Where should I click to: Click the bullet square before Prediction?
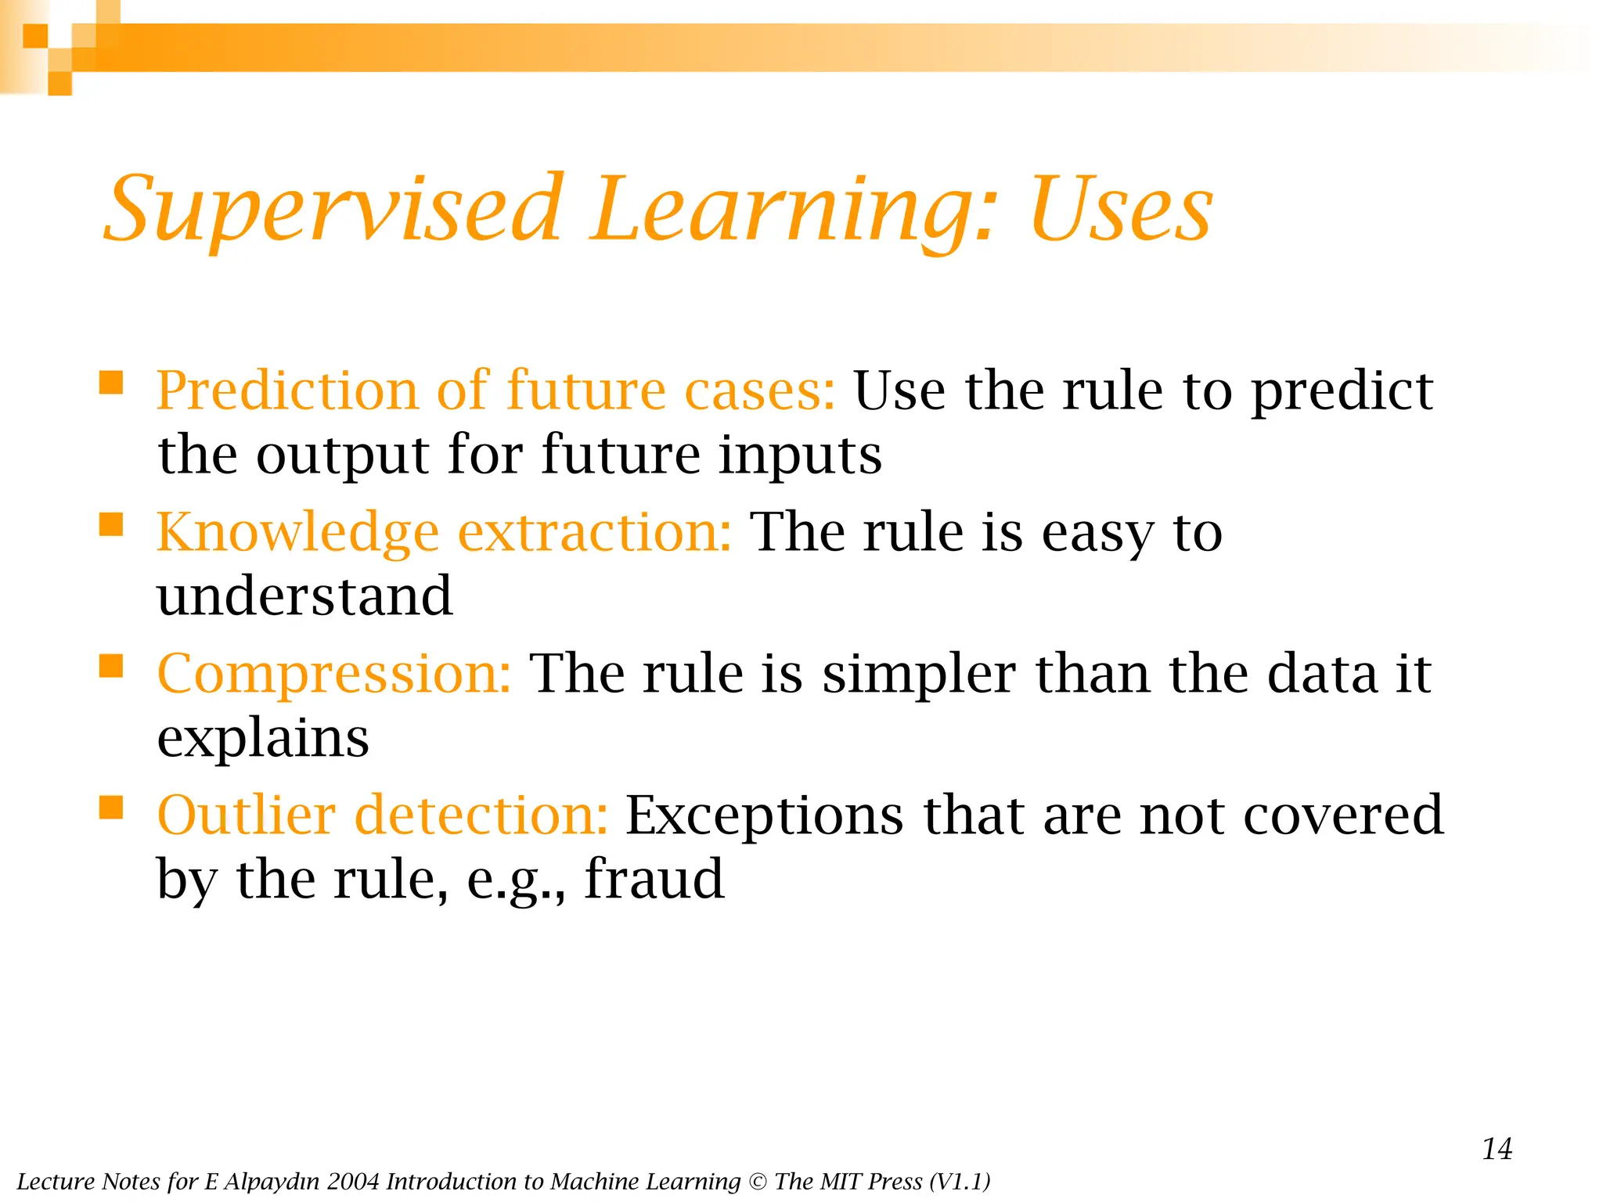111,383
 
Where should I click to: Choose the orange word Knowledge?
297,532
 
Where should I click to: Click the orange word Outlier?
247,815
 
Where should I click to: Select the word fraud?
654,879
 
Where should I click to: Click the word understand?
304,596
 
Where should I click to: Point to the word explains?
263,739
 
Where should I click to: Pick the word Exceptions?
764,815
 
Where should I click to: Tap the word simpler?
919,674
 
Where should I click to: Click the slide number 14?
1497,1149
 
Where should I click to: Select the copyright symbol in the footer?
758,1182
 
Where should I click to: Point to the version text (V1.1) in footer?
960,1182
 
